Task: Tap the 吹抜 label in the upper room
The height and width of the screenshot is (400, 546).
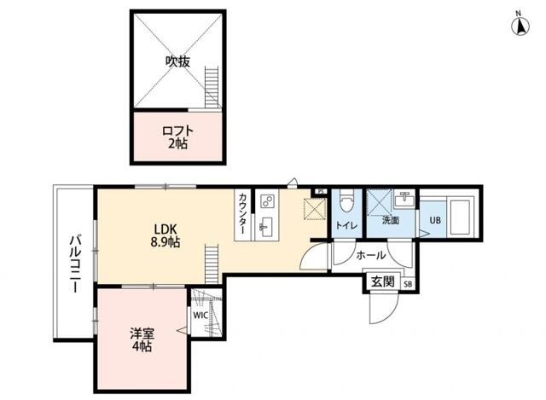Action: pos(177,61)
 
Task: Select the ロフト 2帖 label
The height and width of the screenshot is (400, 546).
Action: pos(178,136)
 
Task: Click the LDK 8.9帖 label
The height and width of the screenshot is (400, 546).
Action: pos(166,235)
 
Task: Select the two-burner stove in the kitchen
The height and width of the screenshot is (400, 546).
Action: pos(267,202)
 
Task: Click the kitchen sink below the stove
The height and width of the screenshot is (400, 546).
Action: pos(266,228)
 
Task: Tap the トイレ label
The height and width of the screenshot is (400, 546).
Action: pos(346,226)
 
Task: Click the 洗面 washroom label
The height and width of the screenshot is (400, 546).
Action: pos(391,220)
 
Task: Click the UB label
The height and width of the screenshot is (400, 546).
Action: pos(435,219)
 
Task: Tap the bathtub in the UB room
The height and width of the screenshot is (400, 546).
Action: pos(462,217)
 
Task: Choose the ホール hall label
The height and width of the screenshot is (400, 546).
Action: pos(371,255)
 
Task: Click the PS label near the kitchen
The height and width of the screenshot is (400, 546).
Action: pos(321,191)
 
